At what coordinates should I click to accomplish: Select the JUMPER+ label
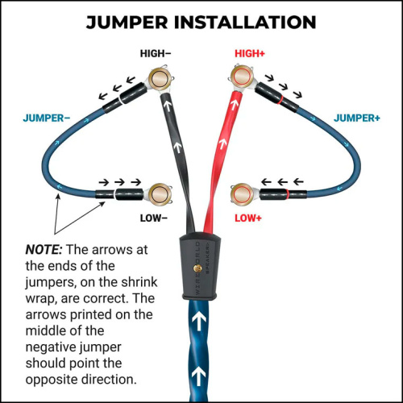pos(357,117)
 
